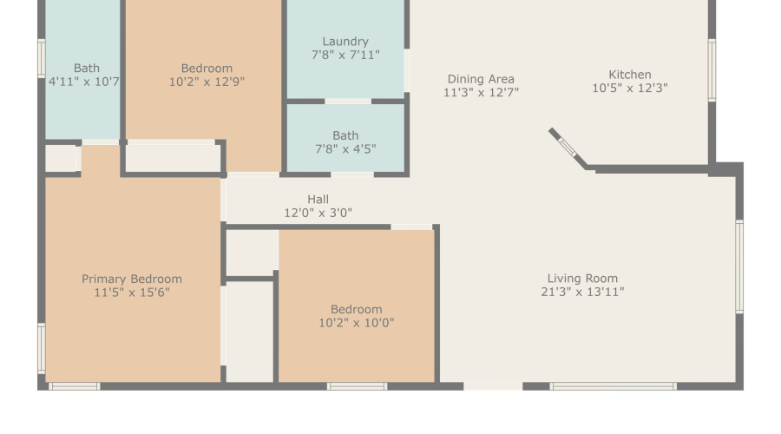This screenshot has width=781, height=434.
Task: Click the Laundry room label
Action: [345, 42]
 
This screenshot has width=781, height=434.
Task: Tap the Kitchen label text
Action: [630, 75]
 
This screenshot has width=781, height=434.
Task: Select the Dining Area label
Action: [481, 79]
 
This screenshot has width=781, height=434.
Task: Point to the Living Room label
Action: [582, 279]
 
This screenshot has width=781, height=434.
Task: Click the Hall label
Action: [318, 200]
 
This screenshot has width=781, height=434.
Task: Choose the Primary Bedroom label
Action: [132, 279]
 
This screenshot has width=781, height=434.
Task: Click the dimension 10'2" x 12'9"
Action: [207, 82]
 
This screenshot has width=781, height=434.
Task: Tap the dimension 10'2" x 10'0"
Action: [356, 323]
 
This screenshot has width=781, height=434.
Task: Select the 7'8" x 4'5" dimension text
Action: [345, 149]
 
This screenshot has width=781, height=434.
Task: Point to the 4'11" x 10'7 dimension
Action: [83, 82]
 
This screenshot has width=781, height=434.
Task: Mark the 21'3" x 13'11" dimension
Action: [582, 292]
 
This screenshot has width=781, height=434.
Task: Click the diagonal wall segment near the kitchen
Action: [568, 148]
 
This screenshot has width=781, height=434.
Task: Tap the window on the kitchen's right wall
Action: [712, 70]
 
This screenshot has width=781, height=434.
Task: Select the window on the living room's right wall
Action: [739, 266]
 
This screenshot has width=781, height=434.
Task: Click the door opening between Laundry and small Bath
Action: [348, 102]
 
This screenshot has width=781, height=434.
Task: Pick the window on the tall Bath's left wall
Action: [42, 58]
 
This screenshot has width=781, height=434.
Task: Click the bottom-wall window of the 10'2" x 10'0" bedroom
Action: [357, 386]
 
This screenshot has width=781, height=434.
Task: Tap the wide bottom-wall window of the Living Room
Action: [614, 386]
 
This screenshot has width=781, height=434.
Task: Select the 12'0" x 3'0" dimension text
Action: [318, 213]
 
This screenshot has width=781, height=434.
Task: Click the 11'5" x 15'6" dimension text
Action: [132, 293]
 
